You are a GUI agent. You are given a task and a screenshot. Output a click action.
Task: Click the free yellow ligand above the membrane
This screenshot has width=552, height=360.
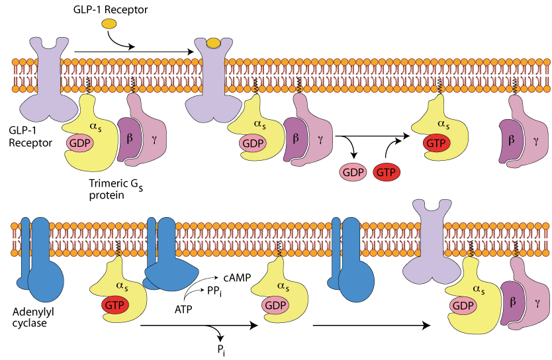coord(109,24)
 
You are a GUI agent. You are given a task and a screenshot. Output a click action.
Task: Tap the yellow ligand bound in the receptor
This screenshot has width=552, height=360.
coord(214,44)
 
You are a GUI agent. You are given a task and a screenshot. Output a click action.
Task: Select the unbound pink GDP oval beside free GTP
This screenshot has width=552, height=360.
coord(353,172)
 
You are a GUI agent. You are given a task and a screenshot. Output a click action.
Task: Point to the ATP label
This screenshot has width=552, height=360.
coord(185,308)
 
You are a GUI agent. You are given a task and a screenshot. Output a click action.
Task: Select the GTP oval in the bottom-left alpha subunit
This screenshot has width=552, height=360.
coord(115,305)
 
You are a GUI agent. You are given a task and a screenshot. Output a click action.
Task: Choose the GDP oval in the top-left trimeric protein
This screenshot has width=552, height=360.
coord(79,142)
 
